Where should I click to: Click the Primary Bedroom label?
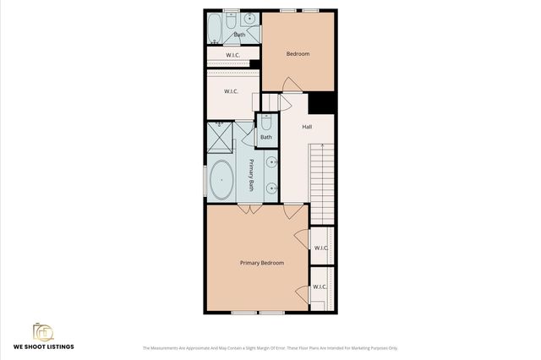point(261,263)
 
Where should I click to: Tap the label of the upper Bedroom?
point(298,55)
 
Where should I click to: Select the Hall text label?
point(307,127)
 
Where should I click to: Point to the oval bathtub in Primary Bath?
point(221,179)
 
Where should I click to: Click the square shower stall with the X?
point(220,134)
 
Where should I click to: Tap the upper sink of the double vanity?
point(272,161)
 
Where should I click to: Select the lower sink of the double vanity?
point(272,188)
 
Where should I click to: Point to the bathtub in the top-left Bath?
point(215,29)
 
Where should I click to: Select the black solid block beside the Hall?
point(321,102)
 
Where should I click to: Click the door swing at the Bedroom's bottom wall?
point(290,85)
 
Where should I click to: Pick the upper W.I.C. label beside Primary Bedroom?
point(321,248)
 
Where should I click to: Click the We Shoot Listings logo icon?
point(42,330)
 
